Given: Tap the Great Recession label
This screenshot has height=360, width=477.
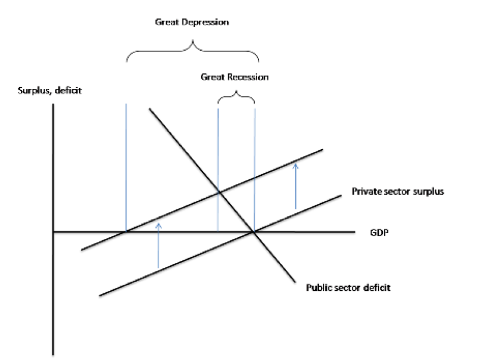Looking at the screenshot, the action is (235, 77).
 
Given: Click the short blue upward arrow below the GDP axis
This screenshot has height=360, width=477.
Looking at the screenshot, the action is (158, 244).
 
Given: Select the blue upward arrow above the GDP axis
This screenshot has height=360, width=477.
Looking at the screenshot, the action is (295, 185).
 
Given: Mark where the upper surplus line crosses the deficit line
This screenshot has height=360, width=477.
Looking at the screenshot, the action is (218, 191).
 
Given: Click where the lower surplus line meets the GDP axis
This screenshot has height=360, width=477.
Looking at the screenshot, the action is (254, 231).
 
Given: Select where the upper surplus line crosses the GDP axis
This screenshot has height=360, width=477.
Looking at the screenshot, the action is (126, 231).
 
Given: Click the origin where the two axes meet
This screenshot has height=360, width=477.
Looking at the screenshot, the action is (54, 231).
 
